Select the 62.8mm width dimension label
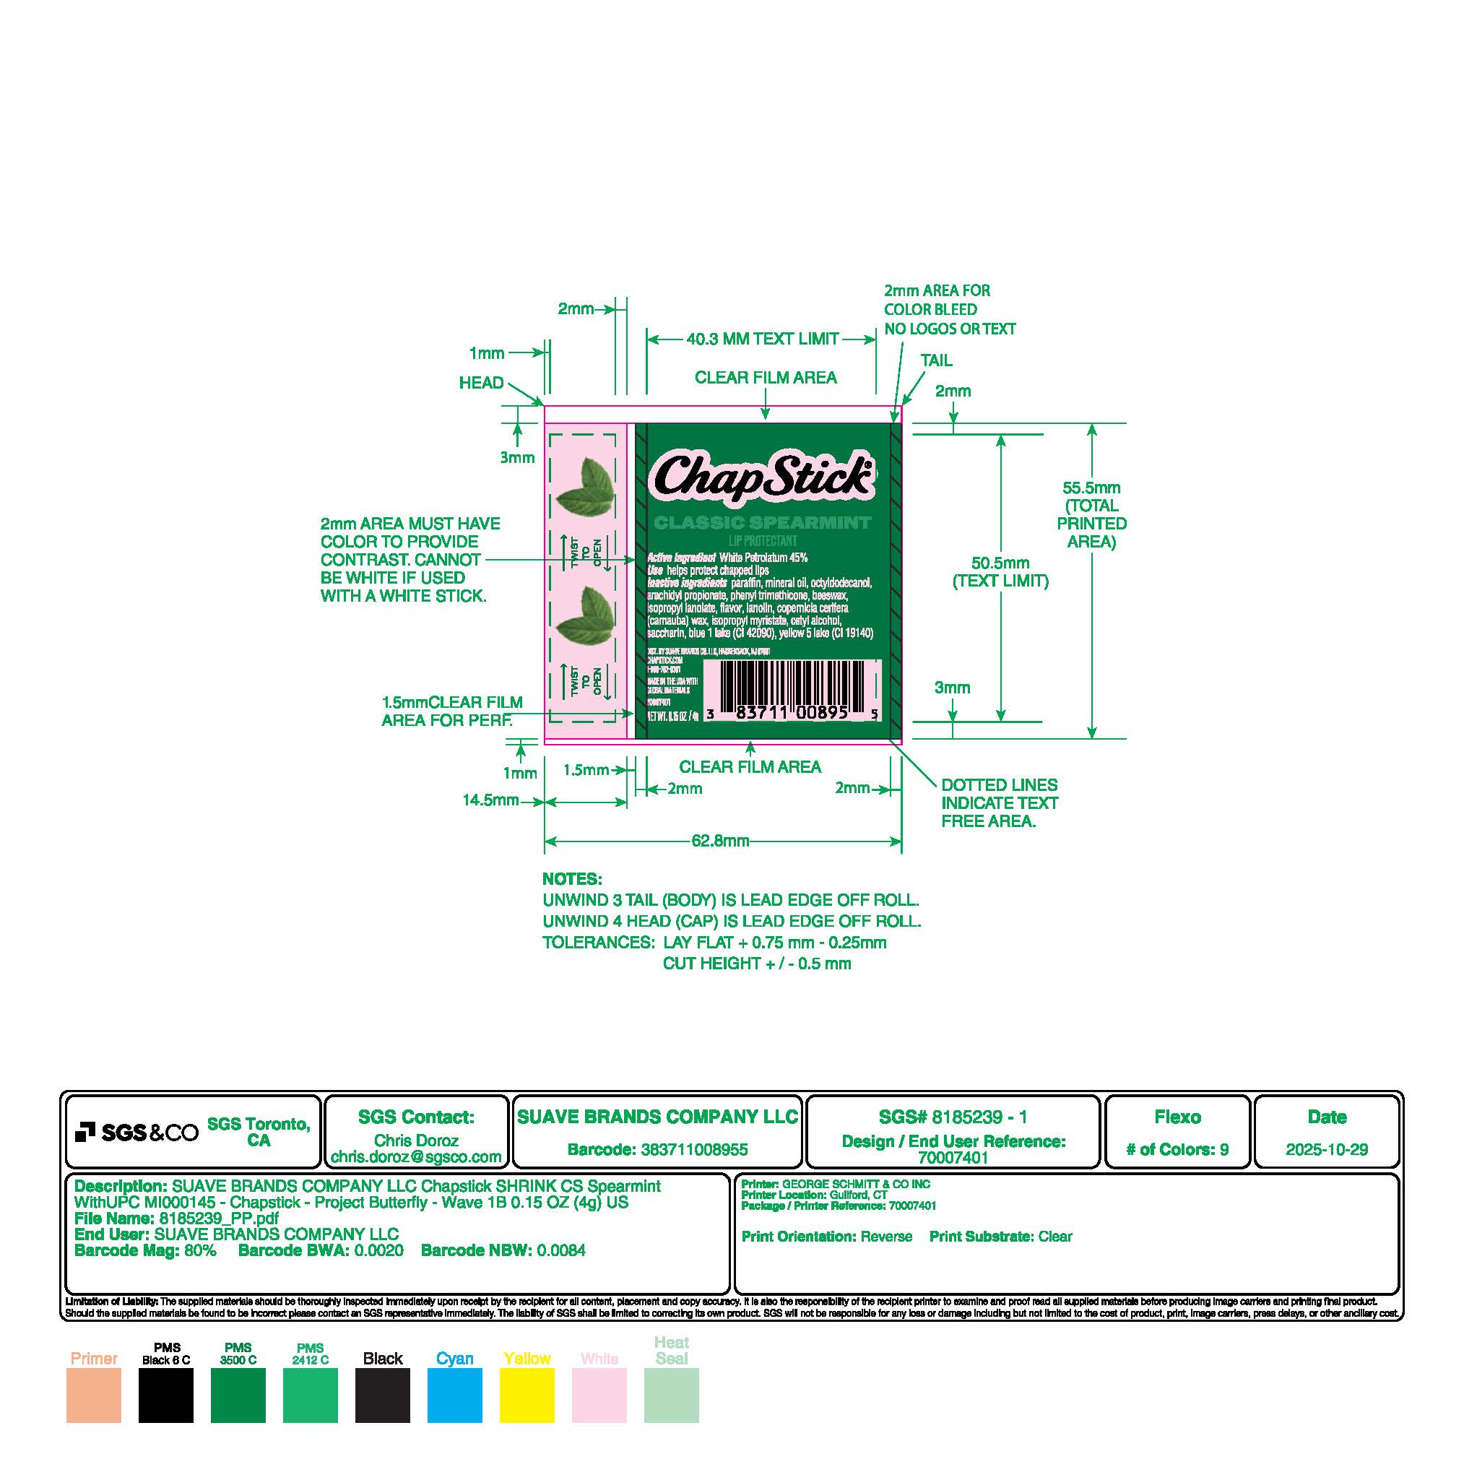pyautogui.click(x=720, y=841)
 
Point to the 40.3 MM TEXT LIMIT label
pyautogui.click(x=761, y=339)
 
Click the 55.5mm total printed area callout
pyautogui.click(x=1091, y=514)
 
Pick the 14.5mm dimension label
pyautogui.click(x=490, y=800)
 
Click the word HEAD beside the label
pyautogui.click(x=481, y=382)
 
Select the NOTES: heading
pyautogui.click(x=572, y=878)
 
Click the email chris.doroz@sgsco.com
pyautogui.click(x=416, y=1156)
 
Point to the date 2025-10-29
pyautogui.click(x=1326, y=1150)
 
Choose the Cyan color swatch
pyautogui.click(x=454, y=1395)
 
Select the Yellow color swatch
pyautogui.click(x=527, y=1395)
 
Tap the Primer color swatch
pyautogui.click(x=93, y=1395)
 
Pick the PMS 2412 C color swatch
pyautogui.click(x=311, y=1395)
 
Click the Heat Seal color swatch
pyautogui.click(x=671, y=1395)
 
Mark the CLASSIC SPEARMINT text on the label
pyautogui.click(x=762, y=523)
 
